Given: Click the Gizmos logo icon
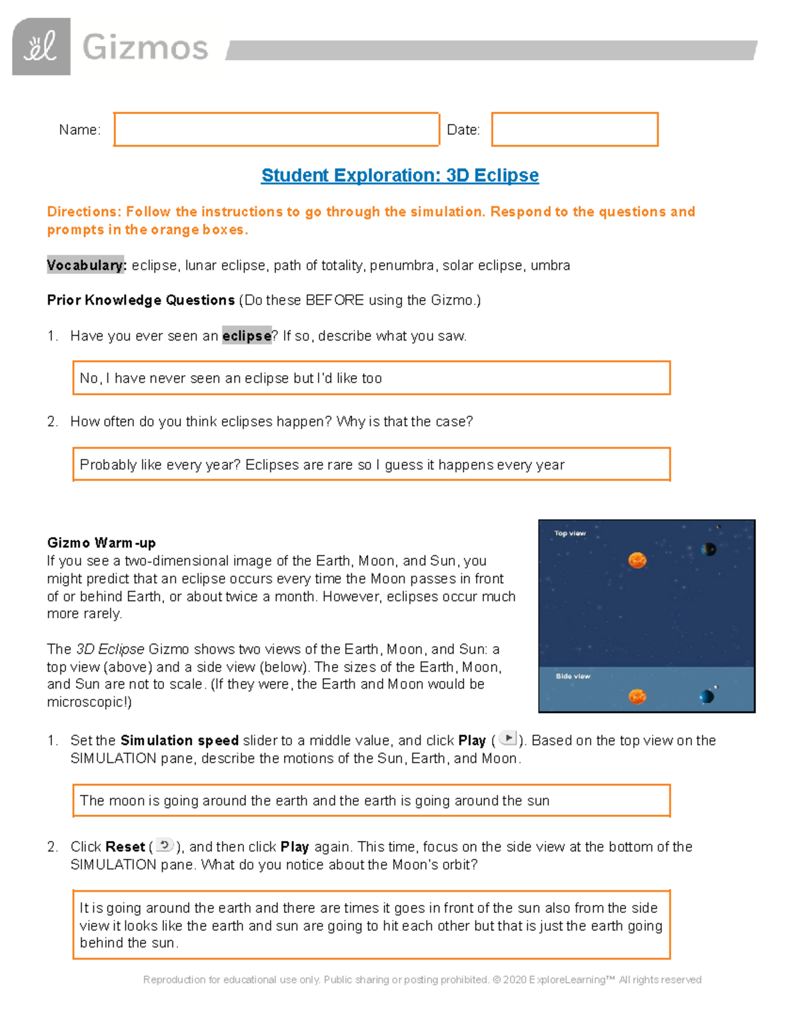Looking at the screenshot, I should click(41, 47).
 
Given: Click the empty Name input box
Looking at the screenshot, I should click(277, 129).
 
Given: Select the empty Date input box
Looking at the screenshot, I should click(575, 129).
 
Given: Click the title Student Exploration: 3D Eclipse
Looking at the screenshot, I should click(400, 175).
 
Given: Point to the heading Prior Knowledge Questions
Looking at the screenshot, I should click(141, 301).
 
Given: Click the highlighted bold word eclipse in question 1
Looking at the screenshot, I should click(247, 336).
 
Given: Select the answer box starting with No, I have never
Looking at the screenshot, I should click(371, 379).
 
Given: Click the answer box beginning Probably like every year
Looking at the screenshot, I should click(371, 465).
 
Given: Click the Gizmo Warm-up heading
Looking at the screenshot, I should click(101, 542).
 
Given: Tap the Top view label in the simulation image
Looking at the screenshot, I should click(570, 533).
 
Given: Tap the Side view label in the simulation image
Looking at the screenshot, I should click(573, 676).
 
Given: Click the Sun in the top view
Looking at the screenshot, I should click(637, 560).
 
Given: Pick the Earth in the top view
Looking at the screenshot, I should click(709, 549).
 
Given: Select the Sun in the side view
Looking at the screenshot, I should click(637, 696).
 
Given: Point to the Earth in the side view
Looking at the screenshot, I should click(707, 696).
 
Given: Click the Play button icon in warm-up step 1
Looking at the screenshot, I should click(508, 738).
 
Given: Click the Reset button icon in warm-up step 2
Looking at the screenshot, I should click(165, 845).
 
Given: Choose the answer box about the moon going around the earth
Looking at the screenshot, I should click(371, 800).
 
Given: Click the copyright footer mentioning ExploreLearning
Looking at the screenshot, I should click(422, 980).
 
